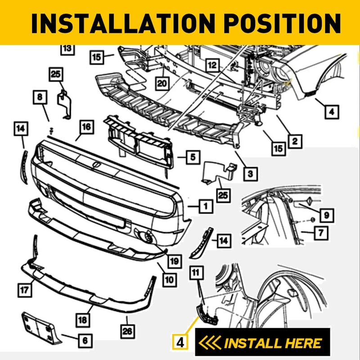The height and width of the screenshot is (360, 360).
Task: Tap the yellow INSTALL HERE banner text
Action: click(x=272, y=343)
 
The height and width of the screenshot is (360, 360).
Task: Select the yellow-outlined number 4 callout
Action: click(x=180, y=342)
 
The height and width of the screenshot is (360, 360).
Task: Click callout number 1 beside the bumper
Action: click(x=205, y=207)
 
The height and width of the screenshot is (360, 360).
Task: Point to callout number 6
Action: click(x=85, y=340)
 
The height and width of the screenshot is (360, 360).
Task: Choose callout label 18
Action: click(x=82, y=320)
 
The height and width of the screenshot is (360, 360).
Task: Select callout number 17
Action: click(x=25, y=290)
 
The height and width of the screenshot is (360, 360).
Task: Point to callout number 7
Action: click(x=321, y=233)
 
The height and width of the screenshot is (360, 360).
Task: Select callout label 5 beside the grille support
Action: click(x=192, y=157)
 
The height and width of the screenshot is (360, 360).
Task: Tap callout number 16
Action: click(x=86, y=127)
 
